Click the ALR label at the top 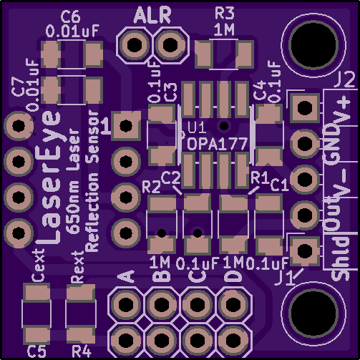click(152, 15)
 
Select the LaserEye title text click(49, 177)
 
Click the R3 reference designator click(224, 14)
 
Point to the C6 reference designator click(70, 17)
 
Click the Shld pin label click(341, 258)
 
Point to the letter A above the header click(127, 276)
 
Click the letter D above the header click(233, 276)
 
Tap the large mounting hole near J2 click(313, 45)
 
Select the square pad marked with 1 click(126, 125)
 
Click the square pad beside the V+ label click(305, 107)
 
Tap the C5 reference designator click(37, 351)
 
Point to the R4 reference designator click(82, 351)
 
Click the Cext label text click(38, 265)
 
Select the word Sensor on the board click(93, 137)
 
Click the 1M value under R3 click(224, 30)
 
